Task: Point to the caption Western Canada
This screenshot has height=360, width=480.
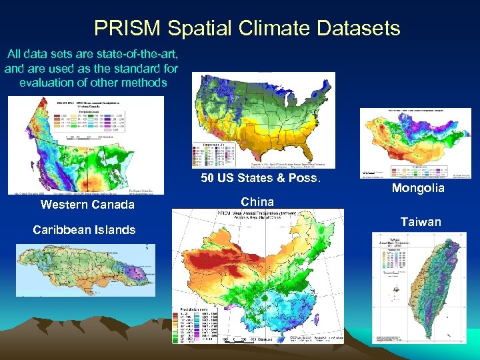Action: click(87, 204)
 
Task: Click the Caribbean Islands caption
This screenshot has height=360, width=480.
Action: click(84, 230)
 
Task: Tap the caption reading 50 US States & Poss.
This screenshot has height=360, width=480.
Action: click(261, 178)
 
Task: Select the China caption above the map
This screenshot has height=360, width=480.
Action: click(257, 201)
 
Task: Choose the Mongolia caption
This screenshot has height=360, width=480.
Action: click(417, 188)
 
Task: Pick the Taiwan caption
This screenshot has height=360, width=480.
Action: click(421, 222)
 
